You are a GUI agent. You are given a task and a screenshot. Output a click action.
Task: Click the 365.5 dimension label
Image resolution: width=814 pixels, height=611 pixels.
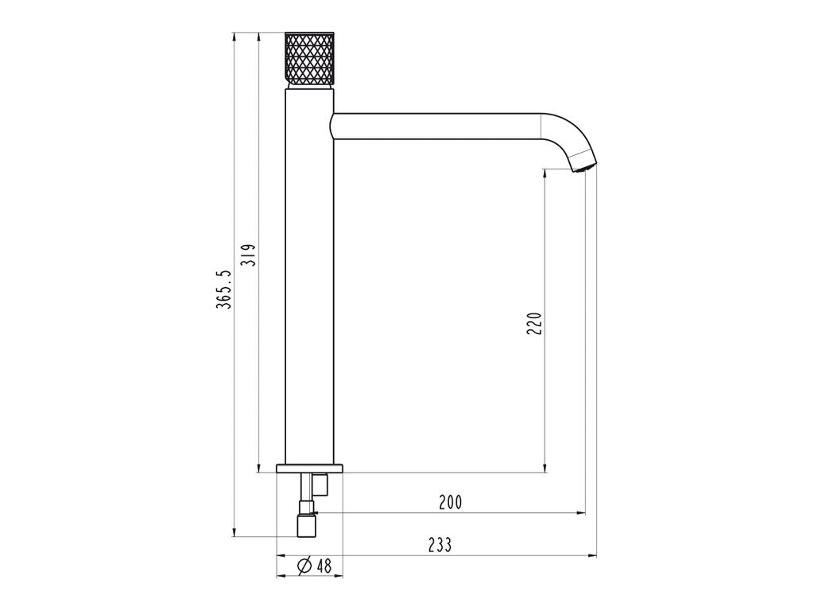pyautogui.click(x=224, y=290)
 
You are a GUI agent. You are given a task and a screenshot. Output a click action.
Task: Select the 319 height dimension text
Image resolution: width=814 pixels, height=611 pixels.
pyautogui.click(x=249, y=255)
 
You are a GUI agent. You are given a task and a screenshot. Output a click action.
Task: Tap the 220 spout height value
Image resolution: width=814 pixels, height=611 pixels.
pyautogui.click(x=534, y=323)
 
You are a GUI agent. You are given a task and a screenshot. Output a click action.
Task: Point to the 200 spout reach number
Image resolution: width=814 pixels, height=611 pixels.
pyautogui.click(x=450, y=503)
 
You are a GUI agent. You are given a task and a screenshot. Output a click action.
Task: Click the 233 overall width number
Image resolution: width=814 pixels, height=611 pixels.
pyautogui.click(x=440, y=545)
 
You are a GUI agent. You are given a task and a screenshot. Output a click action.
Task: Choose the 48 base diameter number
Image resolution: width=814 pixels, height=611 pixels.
pyautogui.click(x=324, y=566)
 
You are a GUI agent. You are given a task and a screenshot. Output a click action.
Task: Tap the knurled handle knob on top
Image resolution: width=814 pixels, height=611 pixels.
pyautogui.click(x=309, y=60)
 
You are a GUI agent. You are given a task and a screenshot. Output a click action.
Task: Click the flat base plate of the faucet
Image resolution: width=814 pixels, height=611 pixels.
pyautogui.click(x=310, y=468)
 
